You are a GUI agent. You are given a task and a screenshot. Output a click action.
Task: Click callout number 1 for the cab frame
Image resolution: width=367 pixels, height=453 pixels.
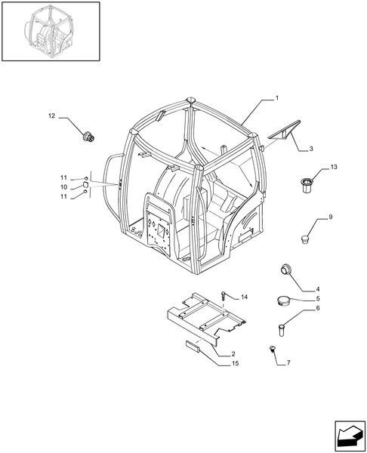point(277,98)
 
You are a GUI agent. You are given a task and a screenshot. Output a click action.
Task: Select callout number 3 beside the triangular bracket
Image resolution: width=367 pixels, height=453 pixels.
point(311,149)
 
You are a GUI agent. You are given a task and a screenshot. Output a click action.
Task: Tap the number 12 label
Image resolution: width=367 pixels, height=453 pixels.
point(51,116)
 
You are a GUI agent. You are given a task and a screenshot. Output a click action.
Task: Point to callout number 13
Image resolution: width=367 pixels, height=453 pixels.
point(334,167)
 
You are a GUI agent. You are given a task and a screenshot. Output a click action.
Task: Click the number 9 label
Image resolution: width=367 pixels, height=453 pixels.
point(331,217)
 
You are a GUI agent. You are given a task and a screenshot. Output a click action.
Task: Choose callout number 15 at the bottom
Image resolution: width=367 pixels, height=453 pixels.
point(236,363)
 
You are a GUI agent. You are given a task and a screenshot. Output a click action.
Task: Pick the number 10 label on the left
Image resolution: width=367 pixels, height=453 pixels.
point(64,187)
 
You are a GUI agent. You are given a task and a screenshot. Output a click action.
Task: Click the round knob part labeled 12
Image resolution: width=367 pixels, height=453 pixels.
point(88,137)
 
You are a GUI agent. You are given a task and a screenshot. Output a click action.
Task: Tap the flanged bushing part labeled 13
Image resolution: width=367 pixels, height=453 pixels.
point(306,185)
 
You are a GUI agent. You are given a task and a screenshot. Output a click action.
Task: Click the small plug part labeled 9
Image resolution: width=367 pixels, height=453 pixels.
point(304,239)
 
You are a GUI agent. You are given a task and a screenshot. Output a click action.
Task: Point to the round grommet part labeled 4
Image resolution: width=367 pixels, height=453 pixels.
point(285,269)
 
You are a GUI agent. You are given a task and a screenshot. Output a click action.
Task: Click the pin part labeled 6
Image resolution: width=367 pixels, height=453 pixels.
point(282,330)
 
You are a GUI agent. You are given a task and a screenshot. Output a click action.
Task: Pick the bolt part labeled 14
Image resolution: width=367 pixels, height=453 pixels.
point(224,296)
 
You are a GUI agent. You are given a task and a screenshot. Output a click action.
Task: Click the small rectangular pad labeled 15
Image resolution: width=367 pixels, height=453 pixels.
point(193,346)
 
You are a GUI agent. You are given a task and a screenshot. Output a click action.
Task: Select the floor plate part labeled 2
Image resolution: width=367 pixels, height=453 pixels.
point(205,319)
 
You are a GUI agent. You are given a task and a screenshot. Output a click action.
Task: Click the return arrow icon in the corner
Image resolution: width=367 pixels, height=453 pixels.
point(350,436)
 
